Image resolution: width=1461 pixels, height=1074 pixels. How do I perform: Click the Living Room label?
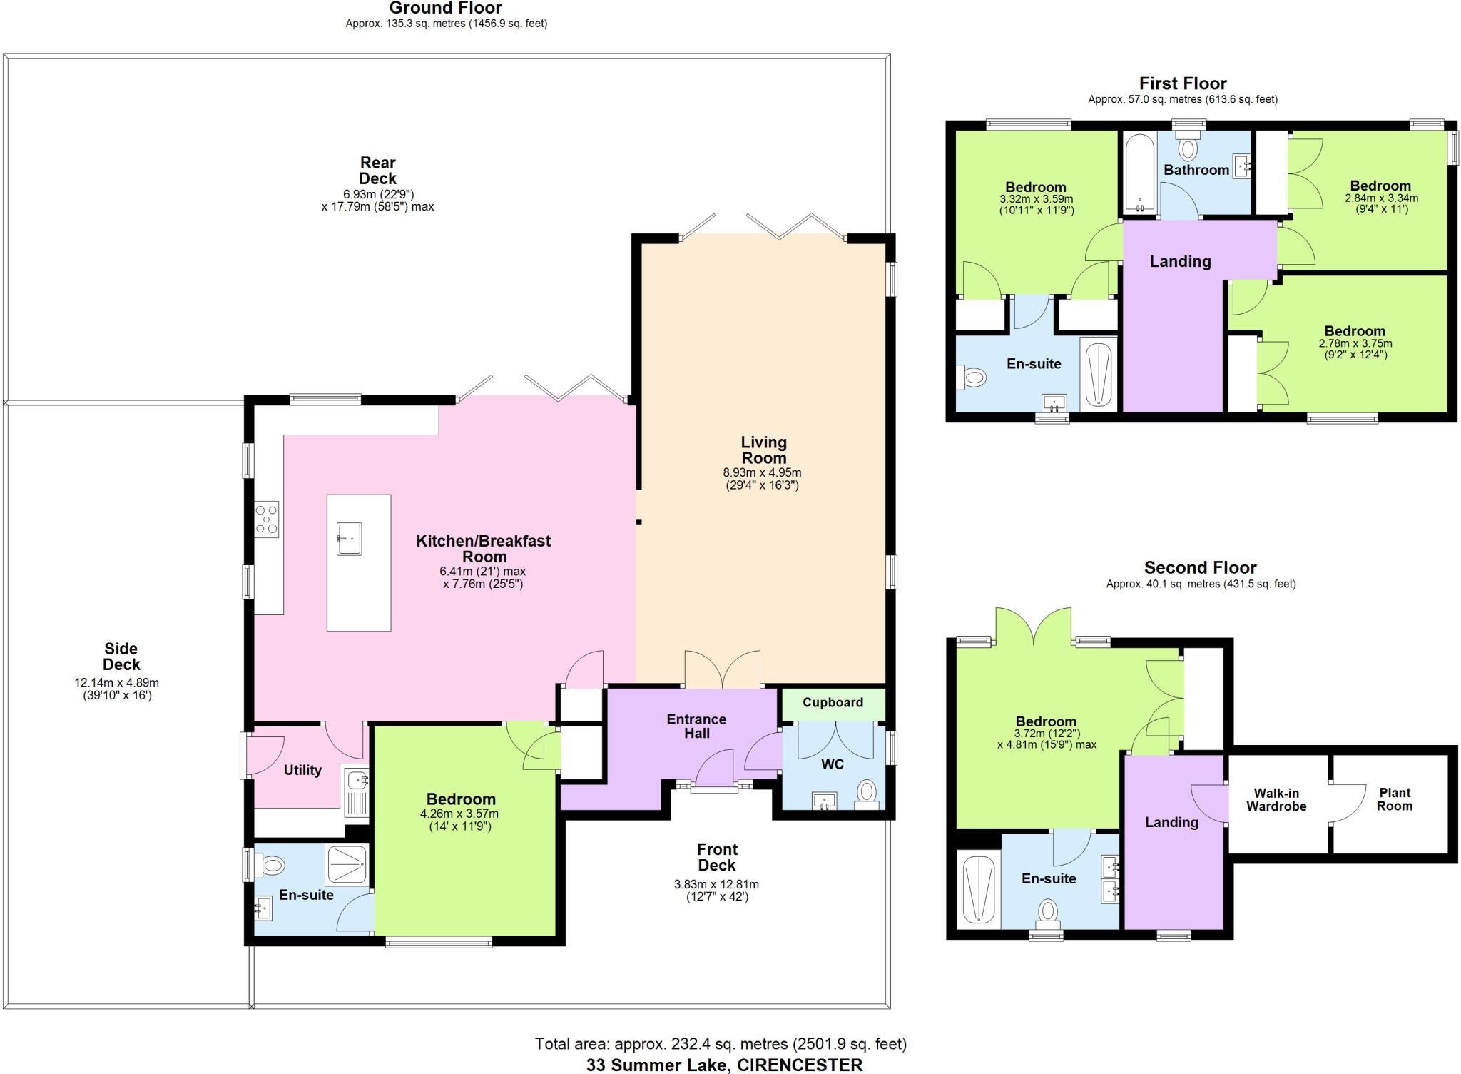[763, 450]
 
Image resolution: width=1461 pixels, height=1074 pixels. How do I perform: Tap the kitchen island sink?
[349, 538]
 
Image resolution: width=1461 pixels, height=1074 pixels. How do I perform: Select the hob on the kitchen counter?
[267, 519]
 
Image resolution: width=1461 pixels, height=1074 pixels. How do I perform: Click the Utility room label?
[302, 770]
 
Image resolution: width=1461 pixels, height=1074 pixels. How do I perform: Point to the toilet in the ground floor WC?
[867, 791]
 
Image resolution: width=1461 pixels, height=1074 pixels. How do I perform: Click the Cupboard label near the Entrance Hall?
[833, 702]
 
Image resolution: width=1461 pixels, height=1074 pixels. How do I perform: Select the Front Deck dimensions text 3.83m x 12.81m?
[716, 884]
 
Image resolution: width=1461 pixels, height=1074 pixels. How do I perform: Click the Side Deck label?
[121, 657]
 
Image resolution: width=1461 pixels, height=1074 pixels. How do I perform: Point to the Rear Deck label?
[377, 171]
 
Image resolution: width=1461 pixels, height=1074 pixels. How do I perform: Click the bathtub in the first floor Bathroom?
[1139, 173]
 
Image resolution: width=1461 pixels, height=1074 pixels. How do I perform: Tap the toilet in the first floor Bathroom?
[1188, 149]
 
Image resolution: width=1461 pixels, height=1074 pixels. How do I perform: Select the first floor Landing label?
[1180, 261]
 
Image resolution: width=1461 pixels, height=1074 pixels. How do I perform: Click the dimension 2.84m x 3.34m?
[1381, 198]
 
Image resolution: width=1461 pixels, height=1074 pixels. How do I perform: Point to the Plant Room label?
[1394, 799]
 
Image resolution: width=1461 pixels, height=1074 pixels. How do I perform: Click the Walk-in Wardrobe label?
[1276, 800]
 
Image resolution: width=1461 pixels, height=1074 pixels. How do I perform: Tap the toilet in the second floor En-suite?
[1047, 911]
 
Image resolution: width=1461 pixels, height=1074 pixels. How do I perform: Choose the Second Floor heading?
[1200, 567]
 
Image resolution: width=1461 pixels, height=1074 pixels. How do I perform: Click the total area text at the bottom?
[721, 1044]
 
